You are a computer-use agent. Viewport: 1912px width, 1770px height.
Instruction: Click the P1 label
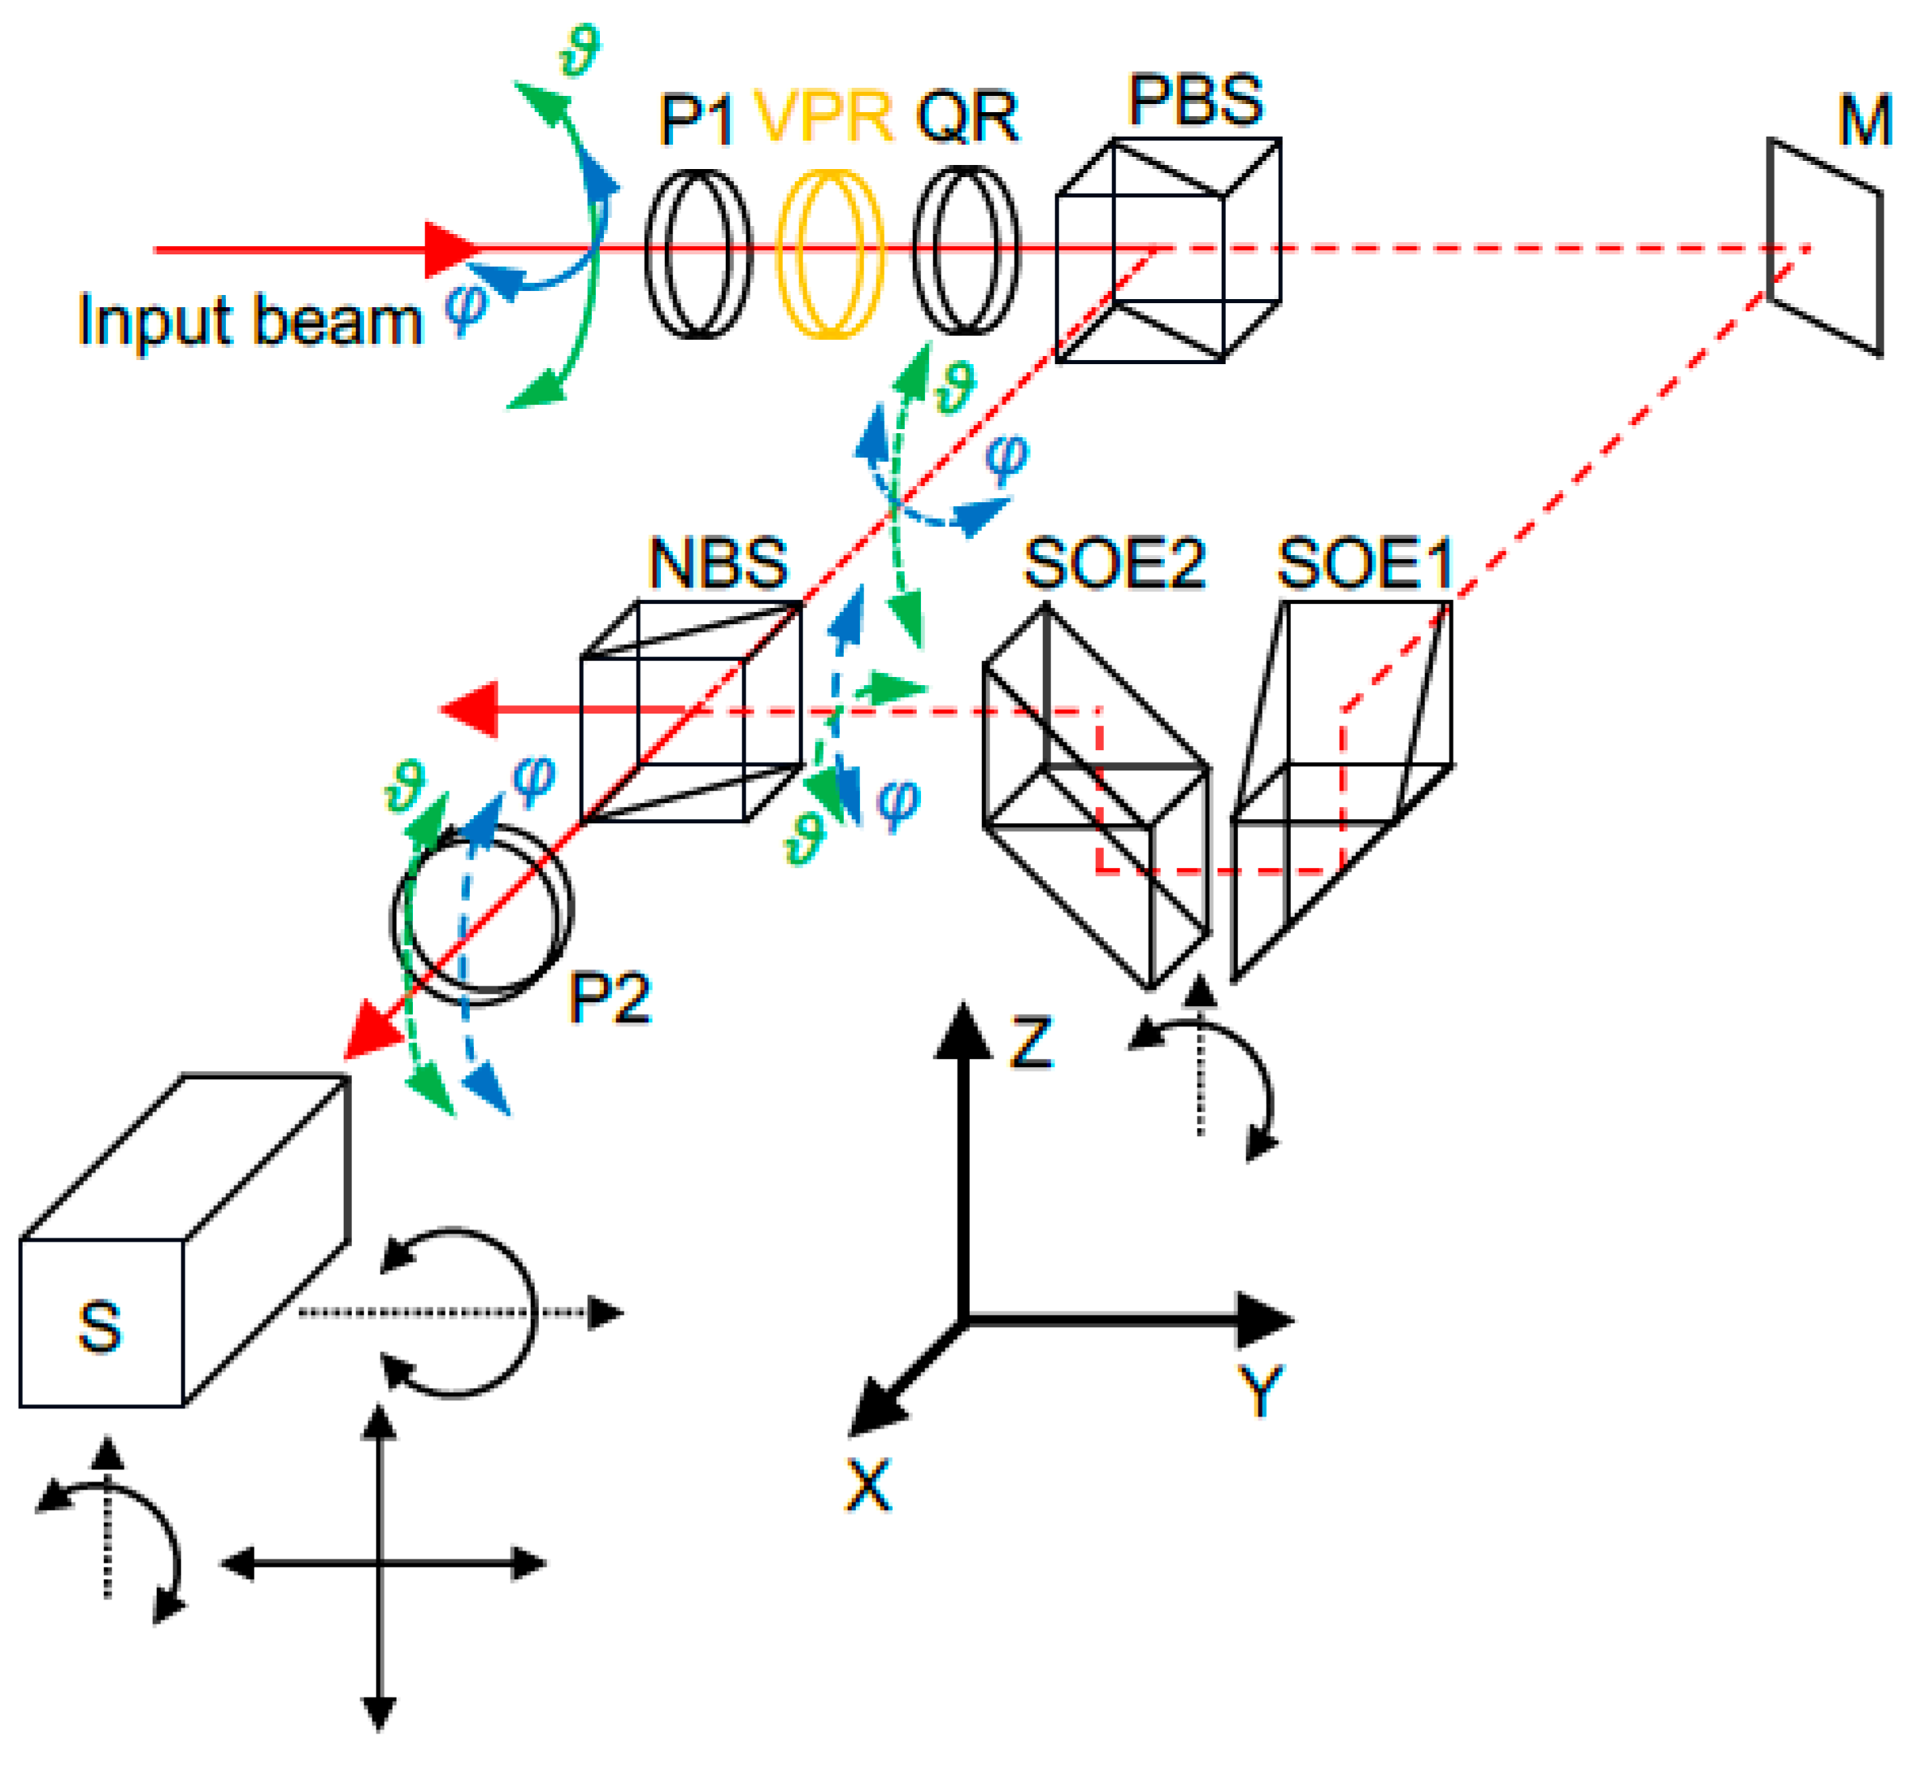[x=697, y=120]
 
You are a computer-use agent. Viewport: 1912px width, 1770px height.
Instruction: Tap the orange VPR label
[x=823, y=117]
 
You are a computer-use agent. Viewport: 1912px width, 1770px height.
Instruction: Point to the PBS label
[x=1196, y=100]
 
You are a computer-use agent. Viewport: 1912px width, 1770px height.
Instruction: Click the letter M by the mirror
[x=1864, y=122]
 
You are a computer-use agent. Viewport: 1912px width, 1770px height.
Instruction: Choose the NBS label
[x=719, y=563]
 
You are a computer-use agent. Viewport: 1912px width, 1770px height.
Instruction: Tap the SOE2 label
[x=1114, y=563]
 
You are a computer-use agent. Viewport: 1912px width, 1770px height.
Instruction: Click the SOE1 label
[x=1366, y=563]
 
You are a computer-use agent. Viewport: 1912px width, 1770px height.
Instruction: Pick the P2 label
[x=611, y=998]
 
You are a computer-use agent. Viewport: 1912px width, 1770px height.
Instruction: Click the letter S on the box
[x=100, y=1326]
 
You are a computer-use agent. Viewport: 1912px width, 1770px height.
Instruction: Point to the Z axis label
[x=1031, y=1043]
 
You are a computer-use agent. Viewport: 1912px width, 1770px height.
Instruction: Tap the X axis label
[x=869, y=1486]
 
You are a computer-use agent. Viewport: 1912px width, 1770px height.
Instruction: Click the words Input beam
[x=250, y=321]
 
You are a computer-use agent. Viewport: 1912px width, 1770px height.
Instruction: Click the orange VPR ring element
[x=829, y=254]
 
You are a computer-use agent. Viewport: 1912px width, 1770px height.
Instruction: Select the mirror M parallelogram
[x=1825, y=247]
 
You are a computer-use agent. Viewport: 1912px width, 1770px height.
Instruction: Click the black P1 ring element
[x=697, y=254]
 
